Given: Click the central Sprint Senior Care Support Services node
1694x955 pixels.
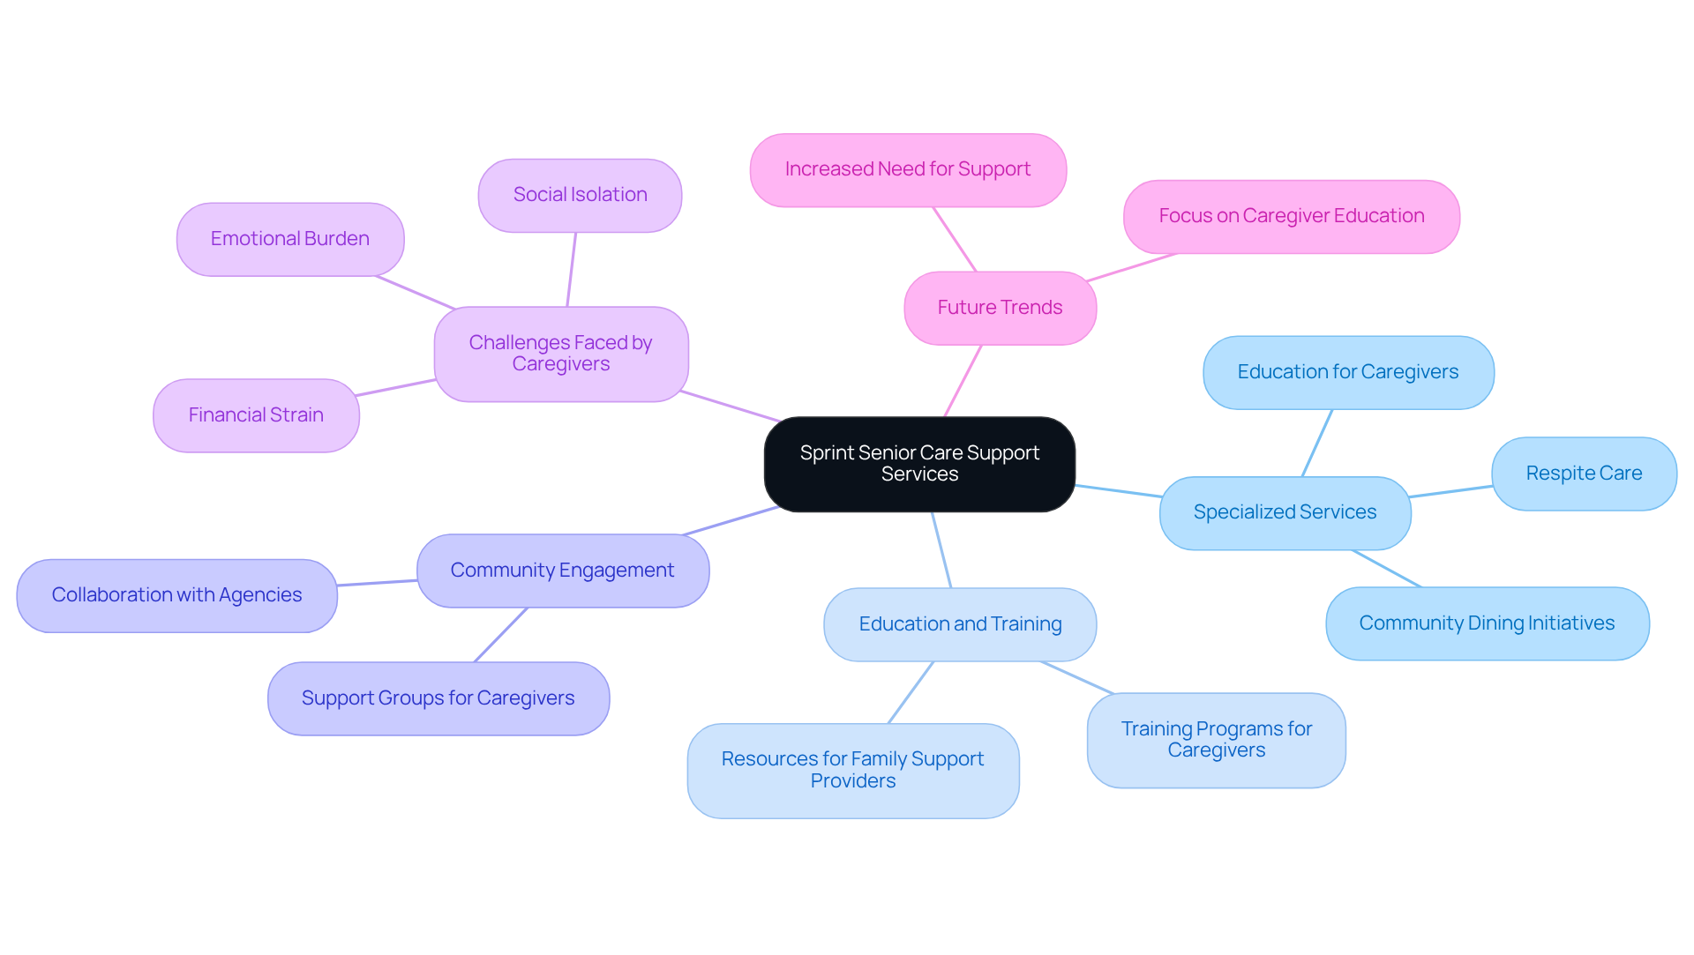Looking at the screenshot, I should click(919, 464).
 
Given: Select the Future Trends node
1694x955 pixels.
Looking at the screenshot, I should click(1000, 308).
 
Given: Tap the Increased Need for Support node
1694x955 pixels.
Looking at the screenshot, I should click(908, 169).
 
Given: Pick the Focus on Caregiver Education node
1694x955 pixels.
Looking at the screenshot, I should click(1291, 216).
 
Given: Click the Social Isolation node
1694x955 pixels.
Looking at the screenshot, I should click(580, 195).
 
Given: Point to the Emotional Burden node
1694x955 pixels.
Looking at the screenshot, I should click(289, 239).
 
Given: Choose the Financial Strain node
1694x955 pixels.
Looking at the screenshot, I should click(256, 415).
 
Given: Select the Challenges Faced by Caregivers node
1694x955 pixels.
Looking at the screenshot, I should click(560, 354).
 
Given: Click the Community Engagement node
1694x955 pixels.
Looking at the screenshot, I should click(562, 571).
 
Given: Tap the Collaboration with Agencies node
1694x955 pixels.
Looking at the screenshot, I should click(176, 595).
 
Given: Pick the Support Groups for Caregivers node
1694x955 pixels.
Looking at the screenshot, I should click(438, 698).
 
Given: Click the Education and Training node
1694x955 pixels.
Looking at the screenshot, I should click(960, 624).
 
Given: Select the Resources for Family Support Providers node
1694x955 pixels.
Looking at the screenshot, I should click(852, 770).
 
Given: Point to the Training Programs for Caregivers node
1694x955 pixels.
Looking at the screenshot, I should click(1216, 740).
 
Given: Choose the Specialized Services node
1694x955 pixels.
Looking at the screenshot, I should click(1285, 512).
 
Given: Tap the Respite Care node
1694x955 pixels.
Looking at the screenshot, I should click(1584, 474).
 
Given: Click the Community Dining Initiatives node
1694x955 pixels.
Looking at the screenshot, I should click(1487, 623).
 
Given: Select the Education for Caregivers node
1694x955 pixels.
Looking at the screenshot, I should click(1347, 372).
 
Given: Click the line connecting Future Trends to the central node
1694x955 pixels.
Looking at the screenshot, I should click(963, 380).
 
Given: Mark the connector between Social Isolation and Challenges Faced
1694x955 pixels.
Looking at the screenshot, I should click(572, 270).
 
